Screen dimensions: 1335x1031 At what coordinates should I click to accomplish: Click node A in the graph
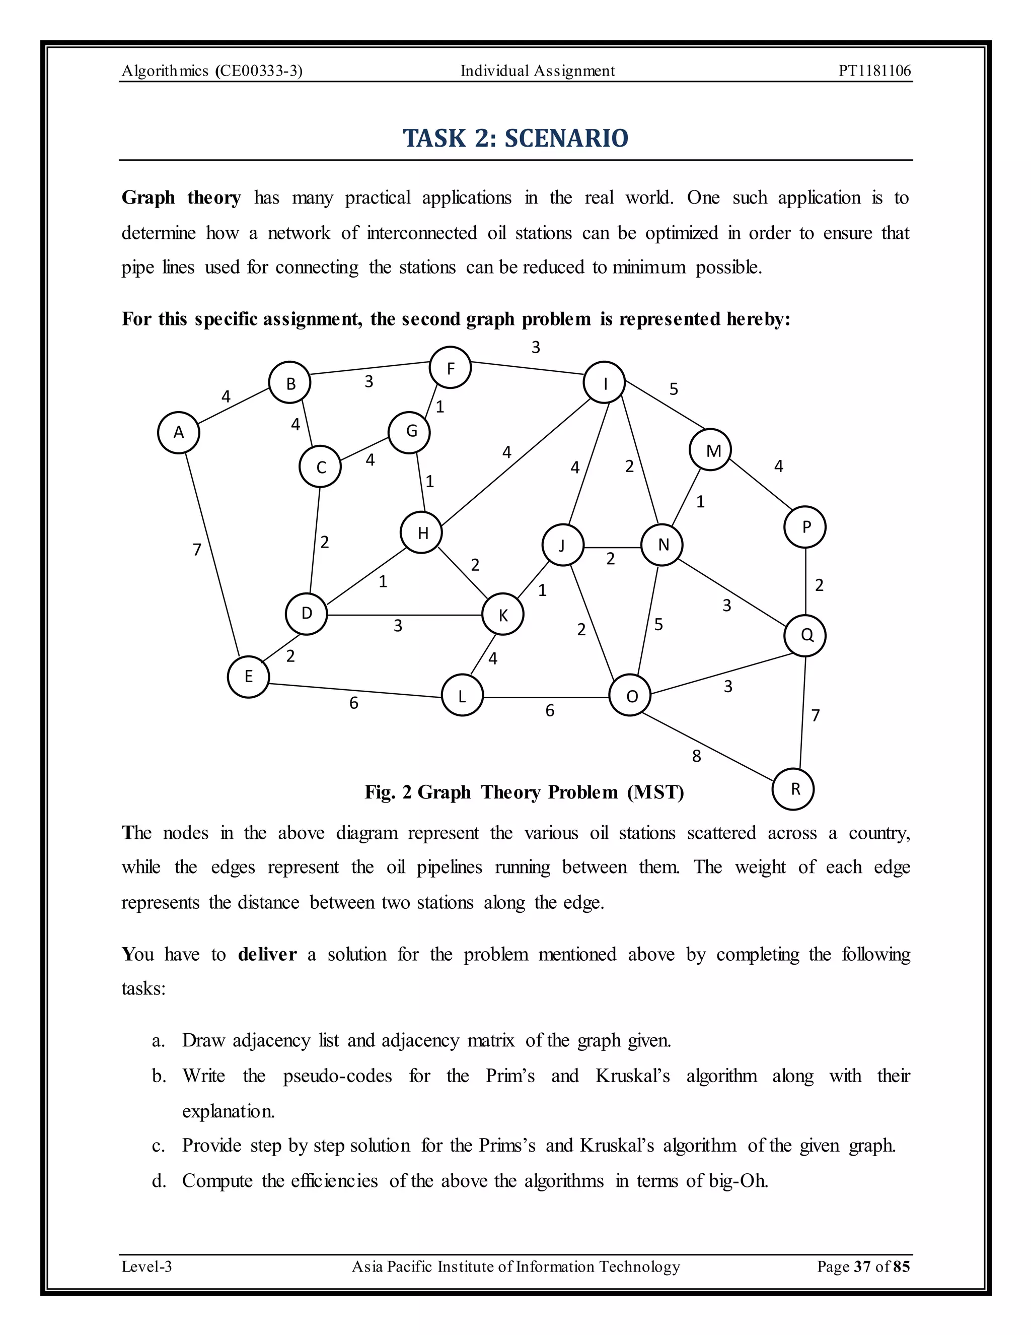[178, 432]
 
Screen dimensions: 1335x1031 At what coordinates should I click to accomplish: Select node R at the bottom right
[793, 789]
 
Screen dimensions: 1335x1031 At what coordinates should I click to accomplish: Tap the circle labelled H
[421, 533]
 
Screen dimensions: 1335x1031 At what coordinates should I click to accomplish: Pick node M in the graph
[710, 450]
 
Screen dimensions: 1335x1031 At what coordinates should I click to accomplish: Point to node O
[630, 696]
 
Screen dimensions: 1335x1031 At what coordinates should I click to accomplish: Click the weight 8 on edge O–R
[696, 757]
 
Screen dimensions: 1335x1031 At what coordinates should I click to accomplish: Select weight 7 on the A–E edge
[197, 550]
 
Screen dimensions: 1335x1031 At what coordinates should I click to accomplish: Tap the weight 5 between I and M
[674, 389]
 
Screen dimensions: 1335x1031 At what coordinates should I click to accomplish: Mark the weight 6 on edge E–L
[353, 703]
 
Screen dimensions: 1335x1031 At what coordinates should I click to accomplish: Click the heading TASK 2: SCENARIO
[515, 138]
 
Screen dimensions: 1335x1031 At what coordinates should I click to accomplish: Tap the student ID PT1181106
[874, 71]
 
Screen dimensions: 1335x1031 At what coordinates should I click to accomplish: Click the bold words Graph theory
[181, 197]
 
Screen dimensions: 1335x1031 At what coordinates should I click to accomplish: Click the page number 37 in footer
[862, 1266]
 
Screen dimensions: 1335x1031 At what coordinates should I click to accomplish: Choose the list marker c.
[158, 1146]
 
